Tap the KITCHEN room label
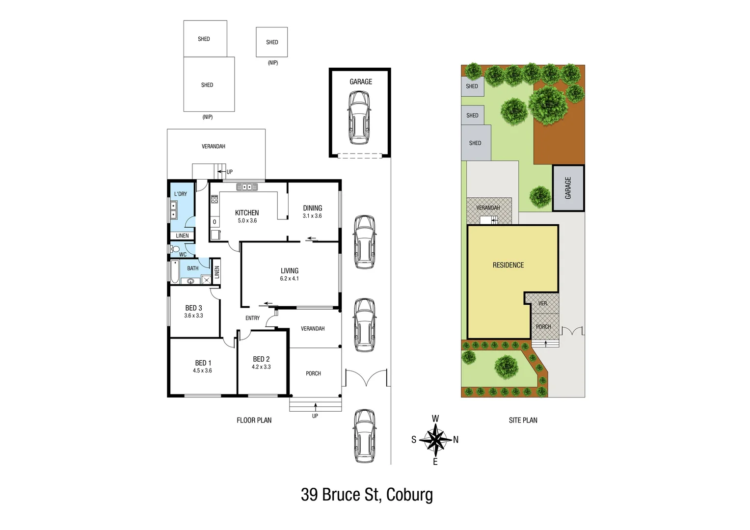(x=247, y=213)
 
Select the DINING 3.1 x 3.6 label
(x=312, y=212)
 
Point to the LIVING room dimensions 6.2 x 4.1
(x=289, y=279)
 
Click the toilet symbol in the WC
(x=175, y=249)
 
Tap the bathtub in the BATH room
(x=175, y=272)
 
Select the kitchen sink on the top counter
(x=247, y=187)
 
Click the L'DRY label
(x=180, y=194)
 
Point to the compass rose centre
(x=435, y=439)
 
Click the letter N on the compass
(x=456, y=440)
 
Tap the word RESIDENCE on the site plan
(x=508, y=265)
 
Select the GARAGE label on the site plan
(x=568, y=188)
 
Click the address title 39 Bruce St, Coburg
(x=367, y=495)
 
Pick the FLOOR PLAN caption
(x=254, y=420)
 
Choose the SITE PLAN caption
(x=523, y=420)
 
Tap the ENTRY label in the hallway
(x=252, y=318)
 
